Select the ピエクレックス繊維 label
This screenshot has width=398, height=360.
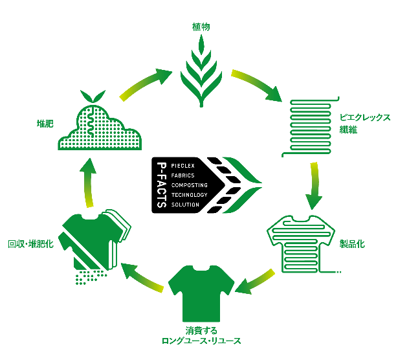tap(365, 124)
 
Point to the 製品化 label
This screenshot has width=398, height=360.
tap(352, 244)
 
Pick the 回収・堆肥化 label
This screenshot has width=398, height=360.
tap(30, 244)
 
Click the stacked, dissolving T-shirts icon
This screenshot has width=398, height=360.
tap(96, 243)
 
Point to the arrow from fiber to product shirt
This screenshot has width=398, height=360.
tap(315, 185)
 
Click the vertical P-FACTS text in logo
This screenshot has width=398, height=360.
tap(164, 185)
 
